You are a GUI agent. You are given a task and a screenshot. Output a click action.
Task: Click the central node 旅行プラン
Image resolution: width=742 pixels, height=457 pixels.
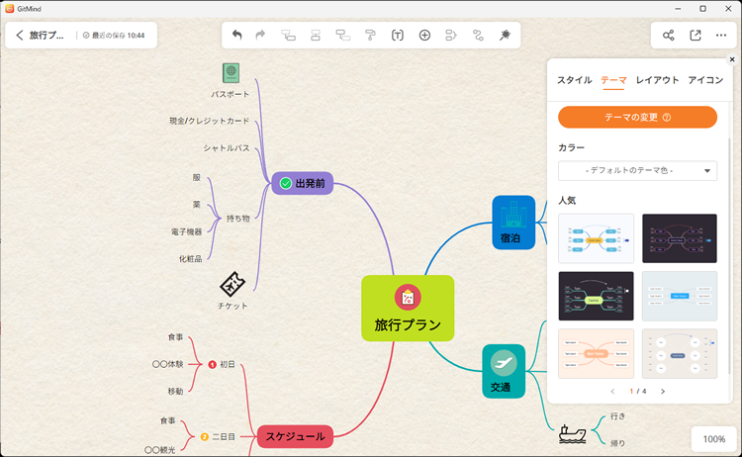[407, 309]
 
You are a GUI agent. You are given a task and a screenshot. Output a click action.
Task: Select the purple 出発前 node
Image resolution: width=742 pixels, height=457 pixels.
[302, 183]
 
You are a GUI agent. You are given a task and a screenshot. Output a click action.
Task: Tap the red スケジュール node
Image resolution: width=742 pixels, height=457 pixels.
[294, 435]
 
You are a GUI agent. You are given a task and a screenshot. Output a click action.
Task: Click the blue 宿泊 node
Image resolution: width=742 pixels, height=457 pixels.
[512, 223]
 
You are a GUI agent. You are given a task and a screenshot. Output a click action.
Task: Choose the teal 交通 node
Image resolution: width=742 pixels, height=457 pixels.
[503, 371]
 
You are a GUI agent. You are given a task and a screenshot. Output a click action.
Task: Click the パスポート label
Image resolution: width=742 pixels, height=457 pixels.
[231, 94]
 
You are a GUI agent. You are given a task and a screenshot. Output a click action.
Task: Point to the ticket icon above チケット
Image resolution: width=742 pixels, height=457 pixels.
[232, 285]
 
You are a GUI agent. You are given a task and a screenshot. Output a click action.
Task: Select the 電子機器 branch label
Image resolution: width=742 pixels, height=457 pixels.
[186, 231]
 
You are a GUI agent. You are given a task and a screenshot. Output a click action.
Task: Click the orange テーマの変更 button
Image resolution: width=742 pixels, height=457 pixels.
[637, 117]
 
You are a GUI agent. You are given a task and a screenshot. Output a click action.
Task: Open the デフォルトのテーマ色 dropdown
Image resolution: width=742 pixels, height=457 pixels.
[637, 170]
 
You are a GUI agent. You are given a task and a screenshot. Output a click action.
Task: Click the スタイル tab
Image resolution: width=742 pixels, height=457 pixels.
[575, 80]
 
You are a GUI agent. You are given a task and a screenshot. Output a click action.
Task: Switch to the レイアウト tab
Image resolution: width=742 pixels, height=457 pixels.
[657, 80]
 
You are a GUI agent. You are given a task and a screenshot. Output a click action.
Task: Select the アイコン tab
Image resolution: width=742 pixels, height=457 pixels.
[705, 80]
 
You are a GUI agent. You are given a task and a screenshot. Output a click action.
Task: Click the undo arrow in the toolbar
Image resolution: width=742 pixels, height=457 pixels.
[236, 35]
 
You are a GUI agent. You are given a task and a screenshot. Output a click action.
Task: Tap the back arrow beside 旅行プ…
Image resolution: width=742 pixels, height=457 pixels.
[20, 35]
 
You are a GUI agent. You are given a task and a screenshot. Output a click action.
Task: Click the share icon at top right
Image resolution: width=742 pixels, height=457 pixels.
[669, 35]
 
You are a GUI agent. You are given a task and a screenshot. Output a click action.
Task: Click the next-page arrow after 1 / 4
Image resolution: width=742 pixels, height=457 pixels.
[663, 391]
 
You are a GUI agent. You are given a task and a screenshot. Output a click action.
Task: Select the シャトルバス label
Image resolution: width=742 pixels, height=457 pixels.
[227, 148]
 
